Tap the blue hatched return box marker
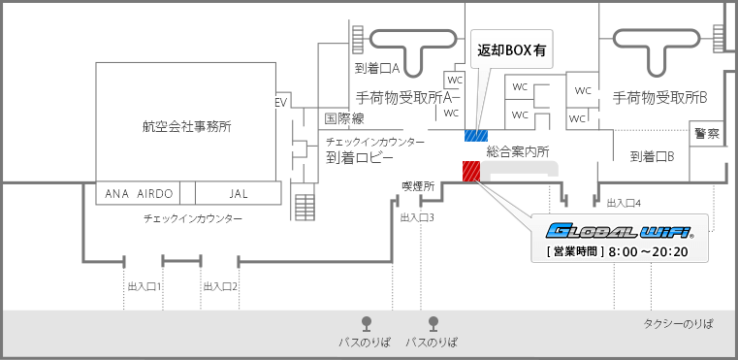point(475,135)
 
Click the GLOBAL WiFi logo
point(620,231)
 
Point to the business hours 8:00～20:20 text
point(619,251)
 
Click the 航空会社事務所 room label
point(186,126)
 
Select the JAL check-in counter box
point(239,193)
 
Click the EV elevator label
point(282,102)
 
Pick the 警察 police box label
point(706,133)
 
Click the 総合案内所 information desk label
point(518,151)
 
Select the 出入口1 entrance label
point(144,286)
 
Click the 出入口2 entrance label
point(220,286)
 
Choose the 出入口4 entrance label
point(624,203)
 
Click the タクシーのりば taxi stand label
point(685,325)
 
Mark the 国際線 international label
point(343,118)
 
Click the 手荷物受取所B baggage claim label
point(659,97)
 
